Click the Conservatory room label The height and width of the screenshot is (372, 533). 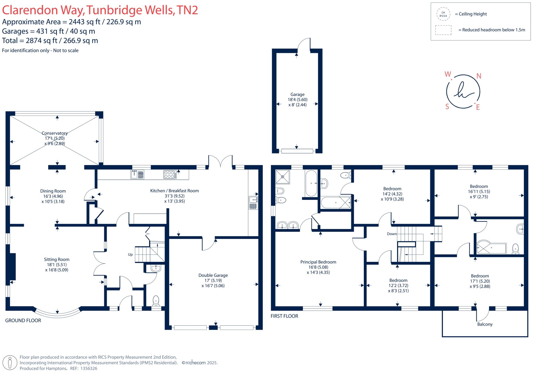pyautogui.click(x=55, y=133)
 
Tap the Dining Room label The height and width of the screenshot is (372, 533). pyautogui.click(x=53, y=191)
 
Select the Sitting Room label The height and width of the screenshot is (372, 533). pyautogui.click(x=56, y=259)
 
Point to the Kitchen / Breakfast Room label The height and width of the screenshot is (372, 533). pyautogui.click(x=174, y=191)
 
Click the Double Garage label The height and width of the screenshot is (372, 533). pyautogui.click(x=213, y=275)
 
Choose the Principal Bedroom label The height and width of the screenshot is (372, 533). pyautogui.click(x=318, y=262)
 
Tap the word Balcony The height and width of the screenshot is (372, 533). pyautogui.click(x=485, y=324)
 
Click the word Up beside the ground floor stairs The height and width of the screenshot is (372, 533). pyautogui.click(x=130, y=255)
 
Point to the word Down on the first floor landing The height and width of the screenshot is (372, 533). pyautogui.click(x=392, y=234)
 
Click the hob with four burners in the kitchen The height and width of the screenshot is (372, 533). pyautogui.click(x=169, y=174)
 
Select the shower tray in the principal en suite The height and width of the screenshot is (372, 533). pyautogui.click(x=282, y=177)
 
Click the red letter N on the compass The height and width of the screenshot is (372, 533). pyautogui.click(x=478, y=76)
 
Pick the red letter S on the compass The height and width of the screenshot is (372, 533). pyautogui.click(x=447, y=107)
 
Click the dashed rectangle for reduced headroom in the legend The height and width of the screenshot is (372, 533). pyautogui.click(x=443, y=30)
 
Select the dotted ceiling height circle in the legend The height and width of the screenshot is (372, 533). pyautogui.click(x=443, y=14)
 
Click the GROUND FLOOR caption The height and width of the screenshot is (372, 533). pyautogui.click(x=23, y=320)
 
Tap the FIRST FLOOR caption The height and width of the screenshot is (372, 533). pyautogui.click(x=284, y=316)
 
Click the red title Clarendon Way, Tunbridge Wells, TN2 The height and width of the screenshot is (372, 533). pyautogui.click(x=100, y=10)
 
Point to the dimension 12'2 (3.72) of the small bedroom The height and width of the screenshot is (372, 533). pyautogui.click(x=398, y=286)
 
